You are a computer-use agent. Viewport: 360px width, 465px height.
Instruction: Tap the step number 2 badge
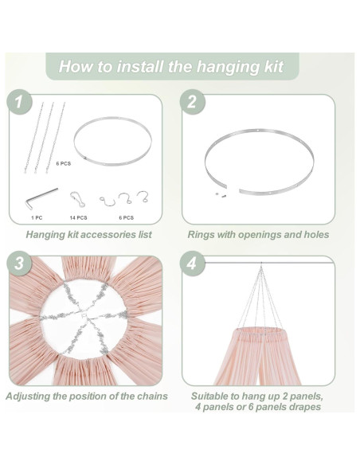coord(191,102)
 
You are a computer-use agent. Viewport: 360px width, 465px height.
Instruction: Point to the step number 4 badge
coord(191,264)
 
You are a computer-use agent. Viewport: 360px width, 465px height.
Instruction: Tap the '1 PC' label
coord(37,217)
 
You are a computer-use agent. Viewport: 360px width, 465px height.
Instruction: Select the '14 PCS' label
coord(77,217)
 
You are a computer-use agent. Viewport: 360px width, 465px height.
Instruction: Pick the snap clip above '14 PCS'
coord(76,197)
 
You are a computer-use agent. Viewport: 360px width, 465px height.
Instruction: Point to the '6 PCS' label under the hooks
coord(126,217)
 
